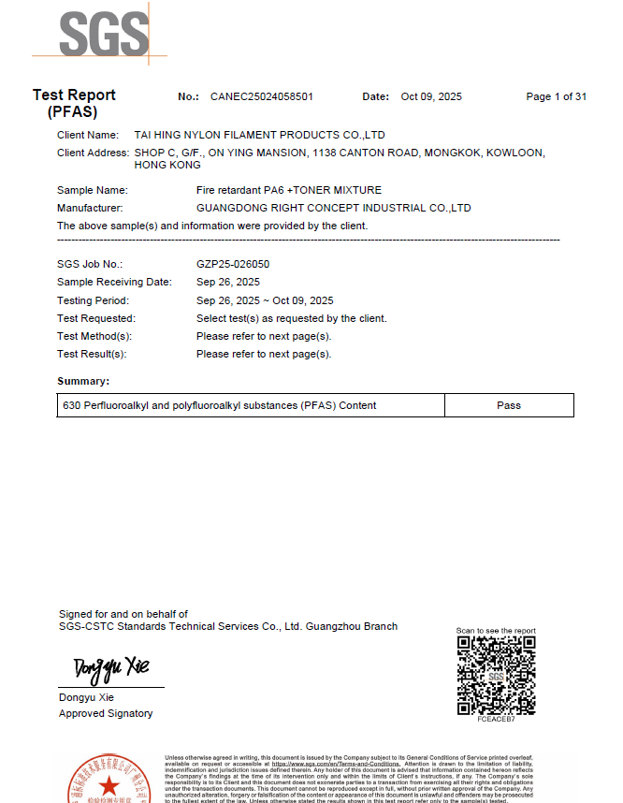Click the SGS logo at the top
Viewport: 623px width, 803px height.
pos(104,36)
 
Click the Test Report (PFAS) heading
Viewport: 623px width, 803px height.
pos(74,103)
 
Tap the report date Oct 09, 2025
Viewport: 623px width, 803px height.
pos(431,96)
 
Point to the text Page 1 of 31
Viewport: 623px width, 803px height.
pos(556,96)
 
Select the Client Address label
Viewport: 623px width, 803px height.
pos(93,152)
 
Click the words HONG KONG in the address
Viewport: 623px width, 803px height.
pos(167,165)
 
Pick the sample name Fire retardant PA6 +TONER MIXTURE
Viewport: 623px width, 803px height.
pos(289,190)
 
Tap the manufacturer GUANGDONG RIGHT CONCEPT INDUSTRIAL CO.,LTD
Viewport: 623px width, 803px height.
pos(333,208)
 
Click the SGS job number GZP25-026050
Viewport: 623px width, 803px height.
pos(233,264)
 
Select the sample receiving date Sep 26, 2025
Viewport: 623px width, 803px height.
pos(228,282)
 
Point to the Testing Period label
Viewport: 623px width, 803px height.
pos(93,300)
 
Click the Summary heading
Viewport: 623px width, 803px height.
pos(83,381)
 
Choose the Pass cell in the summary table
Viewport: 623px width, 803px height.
pos(509,405)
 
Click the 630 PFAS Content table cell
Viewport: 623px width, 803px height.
pos(220,405)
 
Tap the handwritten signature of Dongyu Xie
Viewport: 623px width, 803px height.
pos(111,668)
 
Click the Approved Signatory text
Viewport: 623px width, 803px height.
pos(106,713)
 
